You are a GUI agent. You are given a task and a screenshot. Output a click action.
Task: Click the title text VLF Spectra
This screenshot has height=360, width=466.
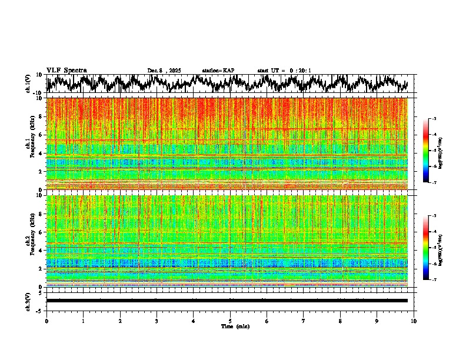tap(66, 70)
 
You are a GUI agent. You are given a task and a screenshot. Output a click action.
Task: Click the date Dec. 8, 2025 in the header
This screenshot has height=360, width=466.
tap(164, 71)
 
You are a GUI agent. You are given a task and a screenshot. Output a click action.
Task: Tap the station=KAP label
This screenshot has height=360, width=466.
tap(218, 71)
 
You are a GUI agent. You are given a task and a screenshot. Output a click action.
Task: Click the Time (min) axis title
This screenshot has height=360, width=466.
tap(235, 326)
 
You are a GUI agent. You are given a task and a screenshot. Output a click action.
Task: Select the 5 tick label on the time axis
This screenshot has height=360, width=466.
tap(230, 321)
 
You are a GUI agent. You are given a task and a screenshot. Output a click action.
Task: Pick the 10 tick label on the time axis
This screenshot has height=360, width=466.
tap(414, 321)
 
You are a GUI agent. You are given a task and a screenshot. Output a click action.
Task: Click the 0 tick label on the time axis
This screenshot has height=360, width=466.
tap(46, 321)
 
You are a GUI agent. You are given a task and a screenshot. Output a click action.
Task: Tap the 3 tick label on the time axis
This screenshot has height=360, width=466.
tap(157, 321)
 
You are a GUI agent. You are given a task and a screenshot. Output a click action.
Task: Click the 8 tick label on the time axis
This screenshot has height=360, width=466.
tap(340, 321)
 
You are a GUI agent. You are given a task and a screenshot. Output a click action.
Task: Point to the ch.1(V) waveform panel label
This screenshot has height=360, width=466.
tap(28, 84)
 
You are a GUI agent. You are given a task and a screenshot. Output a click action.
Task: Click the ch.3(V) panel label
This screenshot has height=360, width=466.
tap(28, 301)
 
